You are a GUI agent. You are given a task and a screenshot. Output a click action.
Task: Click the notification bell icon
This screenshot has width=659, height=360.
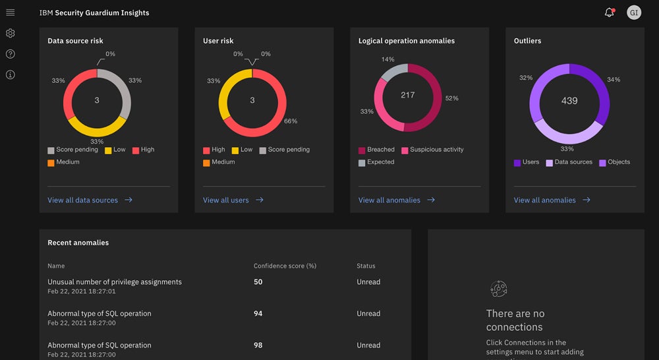(609, 13)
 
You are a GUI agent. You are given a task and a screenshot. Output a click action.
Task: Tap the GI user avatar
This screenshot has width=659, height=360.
(634, 13)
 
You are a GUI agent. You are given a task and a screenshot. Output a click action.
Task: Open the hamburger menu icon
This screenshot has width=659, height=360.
(10, 13)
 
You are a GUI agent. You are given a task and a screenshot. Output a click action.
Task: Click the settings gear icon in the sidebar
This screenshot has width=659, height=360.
(10, 34)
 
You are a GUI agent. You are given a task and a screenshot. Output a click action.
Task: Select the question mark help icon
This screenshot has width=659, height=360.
(10, 54)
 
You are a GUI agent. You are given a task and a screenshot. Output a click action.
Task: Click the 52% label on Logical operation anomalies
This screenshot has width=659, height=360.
(451, 98)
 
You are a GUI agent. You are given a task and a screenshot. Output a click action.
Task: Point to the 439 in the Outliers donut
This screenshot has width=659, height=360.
(569, 101)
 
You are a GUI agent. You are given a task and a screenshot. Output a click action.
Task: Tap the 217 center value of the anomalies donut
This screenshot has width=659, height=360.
(408, 95)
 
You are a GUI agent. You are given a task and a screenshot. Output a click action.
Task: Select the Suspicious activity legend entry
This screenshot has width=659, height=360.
(436, 150)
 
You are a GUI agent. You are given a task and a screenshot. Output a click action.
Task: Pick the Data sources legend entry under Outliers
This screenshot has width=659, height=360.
(573, 162)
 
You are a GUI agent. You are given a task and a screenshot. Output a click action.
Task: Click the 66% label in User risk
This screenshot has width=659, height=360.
(290, 121)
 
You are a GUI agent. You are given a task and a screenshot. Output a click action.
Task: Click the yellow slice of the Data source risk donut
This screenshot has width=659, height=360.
(97, 126)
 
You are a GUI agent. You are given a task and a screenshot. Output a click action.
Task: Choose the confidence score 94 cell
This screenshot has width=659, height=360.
(258, 314)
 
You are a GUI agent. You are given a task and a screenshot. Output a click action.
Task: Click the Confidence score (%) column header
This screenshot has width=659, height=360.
(285, 266)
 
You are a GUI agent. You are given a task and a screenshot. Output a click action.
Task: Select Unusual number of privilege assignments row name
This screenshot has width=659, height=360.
(114, 282)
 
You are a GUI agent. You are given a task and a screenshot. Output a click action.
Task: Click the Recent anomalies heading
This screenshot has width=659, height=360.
(78, 243)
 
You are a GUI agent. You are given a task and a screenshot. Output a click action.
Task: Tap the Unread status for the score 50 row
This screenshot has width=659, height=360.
(368, 282)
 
